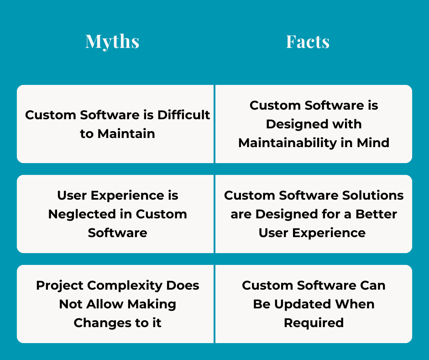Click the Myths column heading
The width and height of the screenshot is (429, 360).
tap(112, 42)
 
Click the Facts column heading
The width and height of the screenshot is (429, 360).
tap(308, 42)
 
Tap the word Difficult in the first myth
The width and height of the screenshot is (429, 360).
tap(183, 115)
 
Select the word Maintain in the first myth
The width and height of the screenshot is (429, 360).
tap(125, 133)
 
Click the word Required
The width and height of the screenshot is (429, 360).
tap(314, 323)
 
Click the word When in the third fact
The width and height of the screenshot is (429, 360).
tap(355, 304)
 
